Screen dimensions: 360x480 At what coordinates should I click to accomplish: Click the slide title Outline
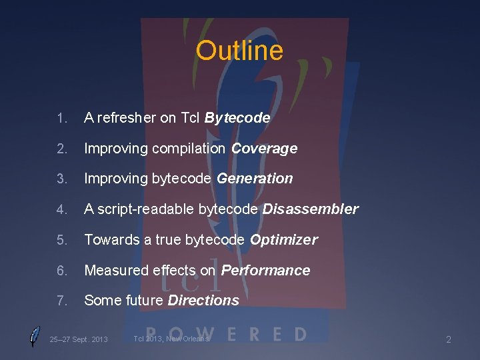pos(239,51)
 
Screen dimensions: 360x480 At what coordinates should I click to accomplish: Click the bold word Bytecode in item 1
pos(237,118)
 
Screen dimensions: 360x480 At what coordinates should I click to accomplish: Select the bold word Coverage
pos(264,149)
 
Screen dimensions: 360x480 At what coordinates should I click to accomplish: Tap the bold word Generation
pos(255,179)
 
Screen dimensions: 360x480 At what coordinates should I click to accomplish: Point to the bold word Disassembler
pos(310,209)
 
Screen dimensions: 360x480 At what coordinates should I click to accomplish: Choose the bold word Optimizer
pos(283,240)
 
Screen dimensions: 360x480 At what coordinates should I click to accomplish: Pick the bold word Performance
pos(265,270)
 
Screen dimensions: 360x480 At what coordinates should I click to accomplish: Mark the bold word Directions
pos(203,301)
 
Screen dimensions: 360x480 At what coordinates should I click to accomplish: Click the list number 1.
pos(61,119)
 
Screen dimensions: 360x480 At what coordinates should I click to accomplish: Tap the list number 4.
pos(61,210)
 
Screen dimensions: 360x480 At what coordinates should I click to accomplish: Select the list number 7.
pos(61,301)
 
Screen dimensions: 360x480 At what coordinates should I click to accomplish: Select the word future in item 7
pos(145,301)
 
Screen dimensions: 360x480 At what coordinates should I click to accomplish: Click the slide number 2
pos(449,340)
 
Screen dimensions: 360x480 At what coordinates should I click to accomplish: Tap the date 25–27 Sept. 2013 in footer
pos(79,339)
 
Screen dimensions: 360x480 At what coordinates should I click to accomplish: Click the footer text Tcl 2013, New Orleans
pos(171,339)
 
